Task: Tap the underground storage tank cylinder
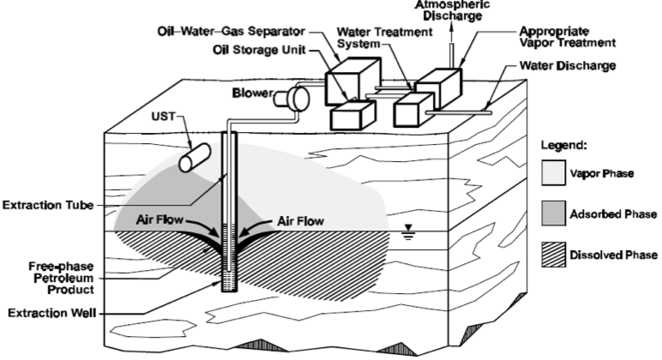coord(195,159)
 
